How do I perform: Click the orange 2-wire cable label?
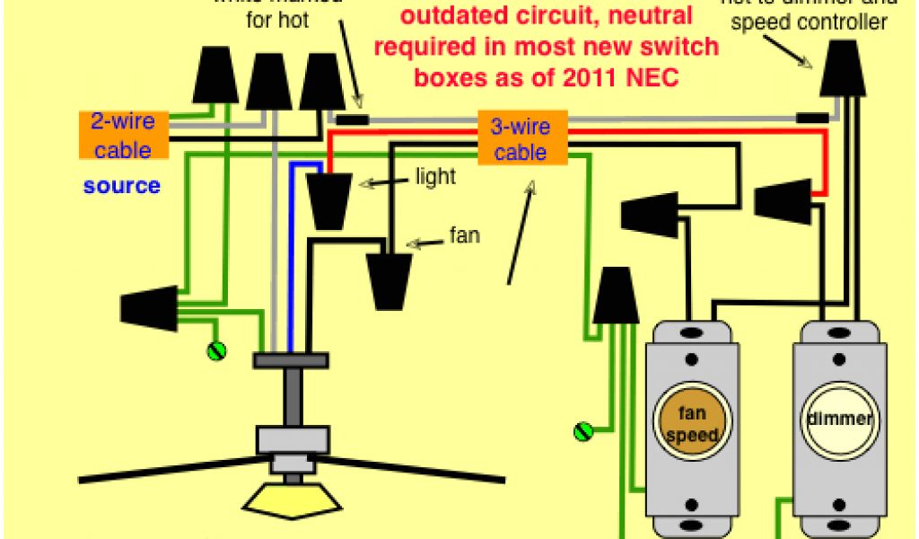pyautogui.click(x=123, y=135)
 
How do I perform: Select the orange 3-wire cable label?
pyautogui.click(x=521, y=137)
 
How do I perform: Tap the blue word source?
pyautogui.click(x=122, y=186)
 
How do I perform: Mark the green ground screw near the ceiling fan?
pyautogui.click(x=215, y=351)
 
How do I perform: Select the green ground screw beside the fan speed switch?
pyautogui.click(x=584, y=431)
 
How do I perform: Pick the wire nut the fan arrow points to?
pyautogui.click(x=389, y=279)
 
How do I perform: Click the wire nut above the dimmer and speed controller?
pyautogui.click(x=843, y=70)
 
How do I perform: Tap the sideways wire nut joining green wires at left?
pyautogui.click(x=150, y=308)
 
